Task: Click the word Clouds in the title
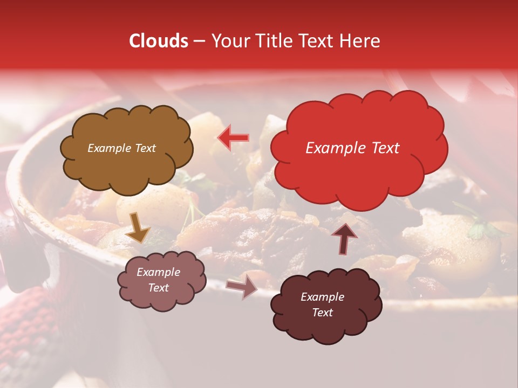(x=159, y=41)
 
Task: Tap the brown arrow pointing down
(x=138, y=227)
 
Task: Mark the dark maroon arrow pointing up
(x=344, y=238)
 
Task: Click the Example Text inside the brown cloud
(x=121, y=148)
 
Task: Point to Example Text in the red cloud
(x=352, y=148)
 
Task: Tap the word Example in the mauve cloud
(x=158, y=272)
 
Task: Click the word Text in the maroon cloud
(x=322, y=313)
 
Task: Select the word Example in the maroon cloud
(x=322, y=297)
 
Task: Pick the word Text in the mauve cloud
(x=158, y=288)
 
